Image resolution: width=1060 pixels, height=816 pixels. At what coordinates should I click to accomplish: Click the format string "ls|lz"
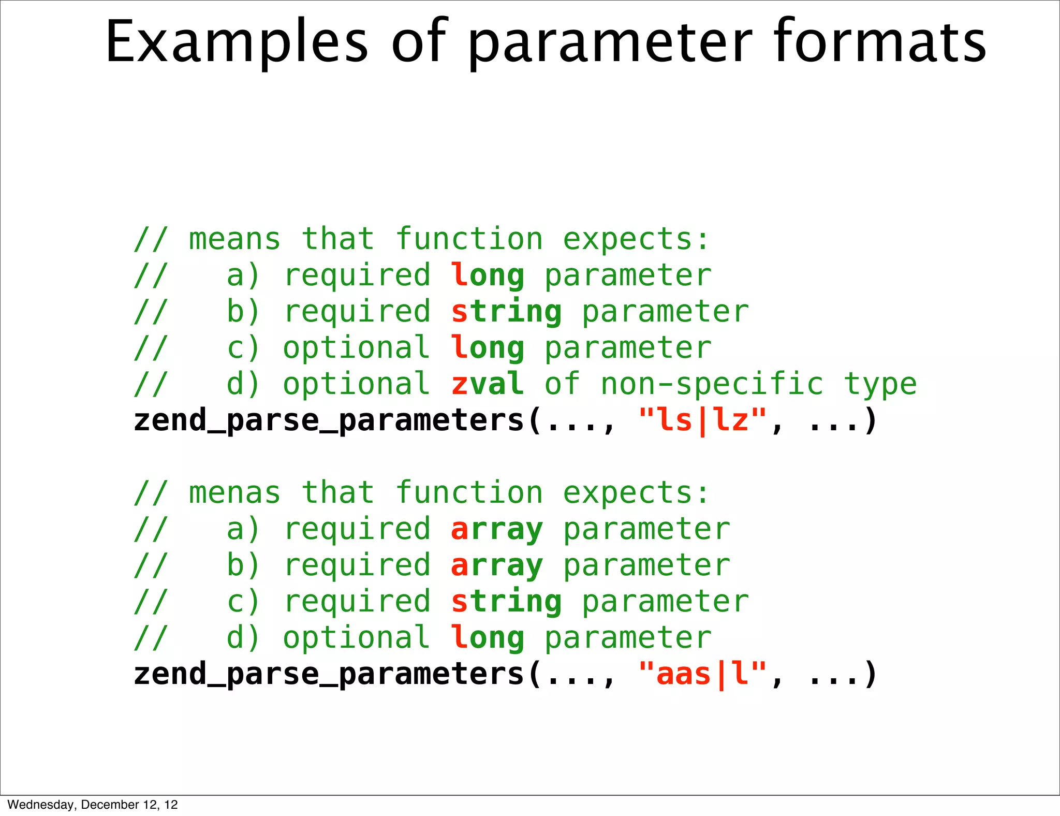click(703, 420)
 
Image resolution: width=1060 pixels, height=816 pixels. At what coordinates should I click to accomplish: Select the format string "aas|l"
click(703, 674)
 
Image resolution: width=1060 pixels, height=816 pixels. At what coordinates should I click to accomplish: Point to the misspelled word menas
click(234, 492)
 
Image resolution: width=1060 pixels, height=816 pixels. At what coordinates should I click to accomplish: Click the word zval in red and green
click(487, 384)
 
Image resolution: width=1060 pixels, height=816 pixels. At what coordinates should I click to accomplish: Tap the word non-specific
click(712, 384)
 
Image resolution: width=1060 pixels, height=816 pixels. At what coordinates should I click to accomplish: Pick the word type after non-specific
click(880, 384)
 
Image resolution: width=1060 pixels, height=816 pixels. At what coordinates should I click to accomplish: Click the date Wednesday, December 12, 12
click(93, 805)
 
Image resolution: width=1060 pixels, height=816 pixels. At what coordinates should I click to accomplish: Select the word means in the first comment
click(234, 239)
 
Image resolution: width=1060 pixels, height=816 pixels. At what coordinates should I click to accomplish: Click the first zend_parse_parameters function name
click(329, 420)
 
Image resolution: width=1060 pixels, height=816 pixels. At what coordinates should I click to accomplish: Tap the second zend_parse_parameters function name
click(329, 674)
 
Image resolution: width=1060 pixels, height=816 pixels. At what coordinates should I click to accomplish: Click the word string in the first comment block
click(506, 312)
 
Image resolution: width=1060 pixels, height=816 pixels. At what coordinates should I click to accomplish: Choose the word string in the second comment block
click(506, 602)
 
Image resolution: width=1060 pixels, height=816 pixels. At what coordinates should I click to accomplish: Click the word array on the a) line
click(497, 529)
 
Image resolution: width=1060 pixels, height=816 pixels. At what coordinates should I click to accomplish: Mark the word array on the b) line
click(497, 565)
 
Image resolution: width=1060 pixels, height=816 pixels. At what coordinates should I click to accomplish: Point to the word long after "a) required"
click(487, 275)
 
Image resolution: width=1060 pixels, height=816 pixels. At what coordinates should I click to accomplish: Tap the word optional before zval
click(356, 384)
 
